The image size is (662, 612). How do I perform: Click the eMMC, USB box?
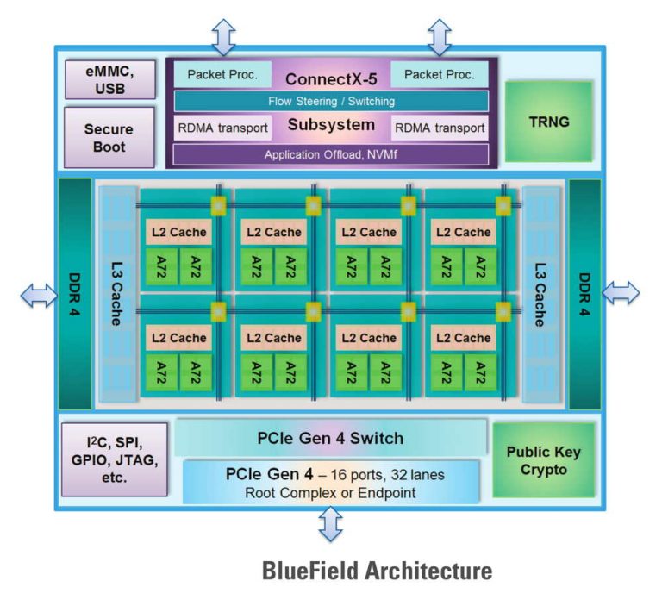point(109,78)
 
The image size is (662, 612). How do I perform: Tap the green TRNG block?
point(548,122)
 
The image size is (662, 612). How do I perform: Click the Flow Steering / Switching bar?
point(331,101)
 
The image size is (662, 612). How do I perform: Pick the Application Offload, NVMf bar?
point(331,154)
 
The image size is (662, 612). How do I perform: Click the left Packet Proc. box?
point(222,74)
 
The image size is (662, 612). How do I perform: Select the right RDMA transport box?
point(440,128)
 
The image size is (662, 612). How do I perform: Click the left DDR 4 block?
point(74,294)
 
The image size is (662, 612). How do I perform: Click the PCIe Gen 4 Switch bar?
point(331,438)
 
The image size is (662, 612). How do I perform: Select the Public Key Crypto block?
point(543,460)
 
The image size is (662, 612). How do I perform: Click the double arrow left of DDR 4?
point(38,295)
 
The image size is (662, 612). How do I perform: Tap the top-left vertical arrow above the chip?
point(223,37)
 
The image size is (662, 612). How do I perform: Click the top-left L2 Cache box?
point(178,232)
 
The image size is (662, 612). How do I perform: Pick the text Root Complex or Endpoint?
point(331,493)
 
